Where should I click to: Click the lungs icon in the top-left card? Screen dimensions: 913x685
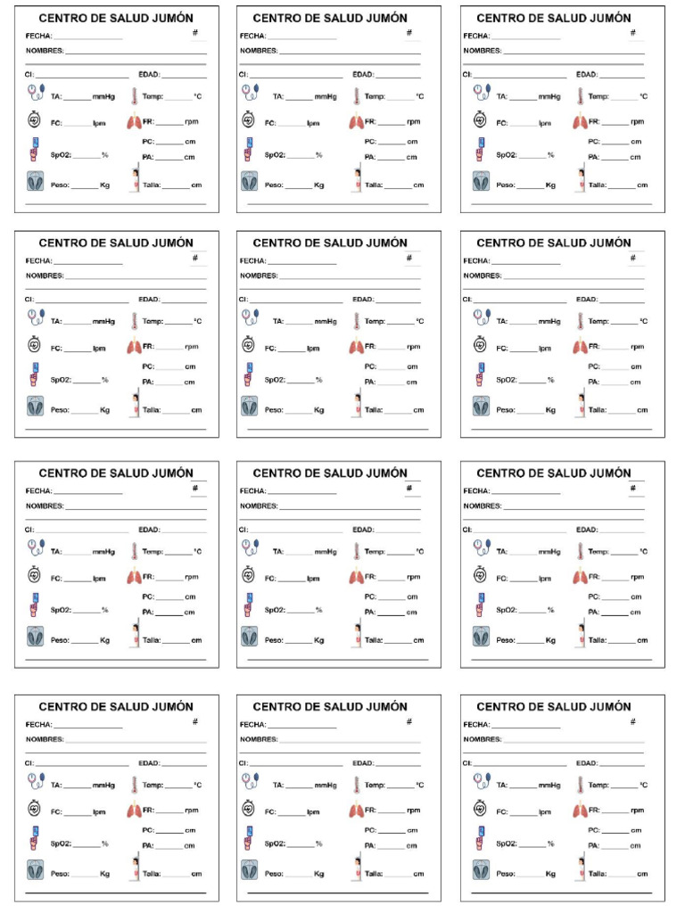(x=133, y=122)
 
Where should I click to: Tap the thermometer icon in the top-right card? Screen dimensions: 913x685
(x=579, y=96)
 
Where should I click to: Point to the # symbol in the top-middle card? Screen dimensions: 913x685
(x=409, y=32)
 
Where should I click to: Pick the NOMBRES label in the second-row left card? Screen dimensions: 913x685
(x=44, y=276)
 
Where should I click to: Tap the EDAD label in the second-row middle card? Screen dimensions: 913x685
(x=363, y=300)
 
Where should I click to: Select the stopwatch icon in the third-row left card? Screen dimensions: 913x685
(x=35, y=576)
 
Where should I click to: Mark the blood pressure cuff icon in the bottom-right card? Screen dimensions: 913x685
(x=482, y=782)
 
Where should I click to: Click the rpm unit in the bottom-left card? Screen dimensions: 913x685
(x=192, y=810)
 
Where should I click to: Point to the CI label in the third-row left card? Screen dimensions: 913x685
(x=29, y=530)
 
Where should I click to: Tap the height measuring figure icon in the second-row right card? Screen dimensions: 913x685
(x=581, y=405)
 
